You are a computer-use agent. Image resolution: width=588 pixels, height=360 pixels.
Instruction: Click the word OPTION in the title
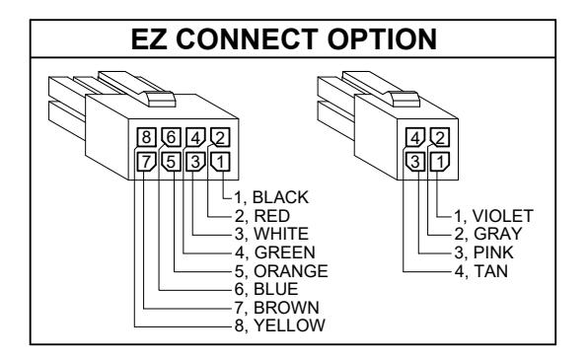(382, 39)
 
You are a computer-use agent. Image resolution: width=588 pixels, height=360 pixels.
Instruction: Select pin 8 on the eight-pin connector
(146, 137)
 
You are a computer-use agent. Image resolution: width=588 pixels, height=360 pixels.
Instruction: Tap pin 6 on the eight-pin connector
(171, 137)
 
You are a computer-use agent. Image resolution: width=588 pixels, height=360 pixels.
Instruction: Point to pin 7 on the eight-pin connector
(146, 162)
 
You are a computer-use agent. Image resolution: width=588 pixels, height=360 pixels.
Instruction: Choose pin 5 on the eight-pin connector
(171, 162)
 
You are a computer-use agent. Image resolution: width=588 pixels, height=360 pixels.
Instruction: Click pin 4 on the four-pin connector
(415, 138)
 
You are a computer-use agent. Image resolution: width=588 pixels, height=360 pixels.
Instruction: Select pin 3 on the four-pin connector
(415, 162)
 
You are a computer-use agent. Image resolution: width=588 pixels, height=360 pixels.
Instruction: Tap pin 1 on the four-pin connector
(440, 162)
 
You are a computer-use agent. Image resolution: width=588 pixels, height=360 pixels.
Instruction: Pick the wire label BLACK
(280, 197)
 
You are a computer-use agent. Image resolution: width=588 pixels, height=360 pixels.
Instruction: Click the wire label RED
(272, 216)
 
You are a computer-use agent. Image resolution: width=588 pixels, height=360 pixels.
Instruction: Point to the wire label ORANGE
(291, 271)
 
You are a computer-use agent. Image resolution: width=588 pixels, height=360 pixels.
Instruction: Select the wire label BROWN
(286, 308)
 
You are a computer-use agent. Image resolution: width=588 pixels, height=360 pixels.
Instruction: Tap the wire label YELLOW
(289, 325)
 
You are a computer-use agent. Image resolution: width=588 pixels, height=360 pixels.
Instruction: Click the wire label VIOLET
(502, 216)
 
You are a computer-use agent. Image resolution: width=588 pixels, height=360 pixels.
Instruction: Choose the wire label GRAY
(497, 234)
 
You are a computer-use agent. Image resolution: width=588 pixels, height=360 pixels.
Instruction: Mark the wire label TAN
(491, 271)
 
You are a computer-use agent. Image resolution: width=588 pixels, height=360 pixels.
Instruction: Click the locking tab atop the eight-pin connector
(161, 99)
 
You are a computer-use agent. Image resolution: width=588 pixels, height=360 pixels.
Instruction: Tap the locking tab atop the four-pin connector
(405, 99)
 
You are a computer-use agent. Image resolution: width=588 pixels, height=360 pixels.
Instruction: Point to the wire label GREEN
(284, 252)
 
